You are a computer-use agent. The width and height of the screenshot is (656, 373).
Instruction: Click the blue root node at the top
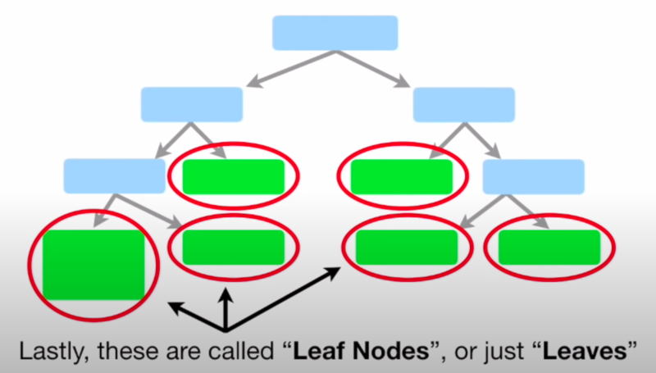click(x=335, y=33)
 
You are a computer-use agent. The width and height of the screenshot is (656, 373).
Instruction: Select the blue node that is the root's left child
click(x=192, y=104)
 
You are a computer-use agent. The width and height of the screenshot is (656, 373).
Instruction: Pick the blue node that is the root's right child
click(x=463, y=104)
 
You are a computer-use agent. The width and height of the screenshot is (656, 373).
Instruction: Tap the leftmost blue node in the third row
click(x=115, y=175)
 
